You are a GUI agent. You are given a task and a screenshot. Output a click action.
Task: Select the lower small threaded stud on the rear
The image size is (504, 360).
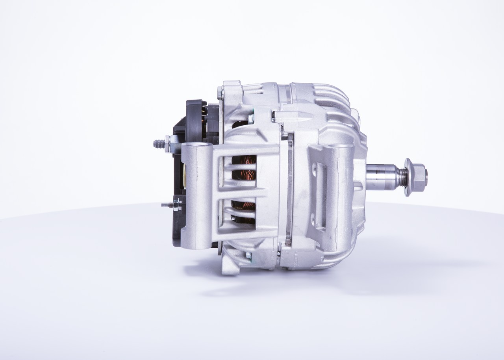[x=166, y=204]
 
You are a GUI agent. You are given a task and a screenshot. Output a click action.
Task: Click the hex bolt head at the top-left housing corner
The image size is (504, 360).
[x=220, y=93]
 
